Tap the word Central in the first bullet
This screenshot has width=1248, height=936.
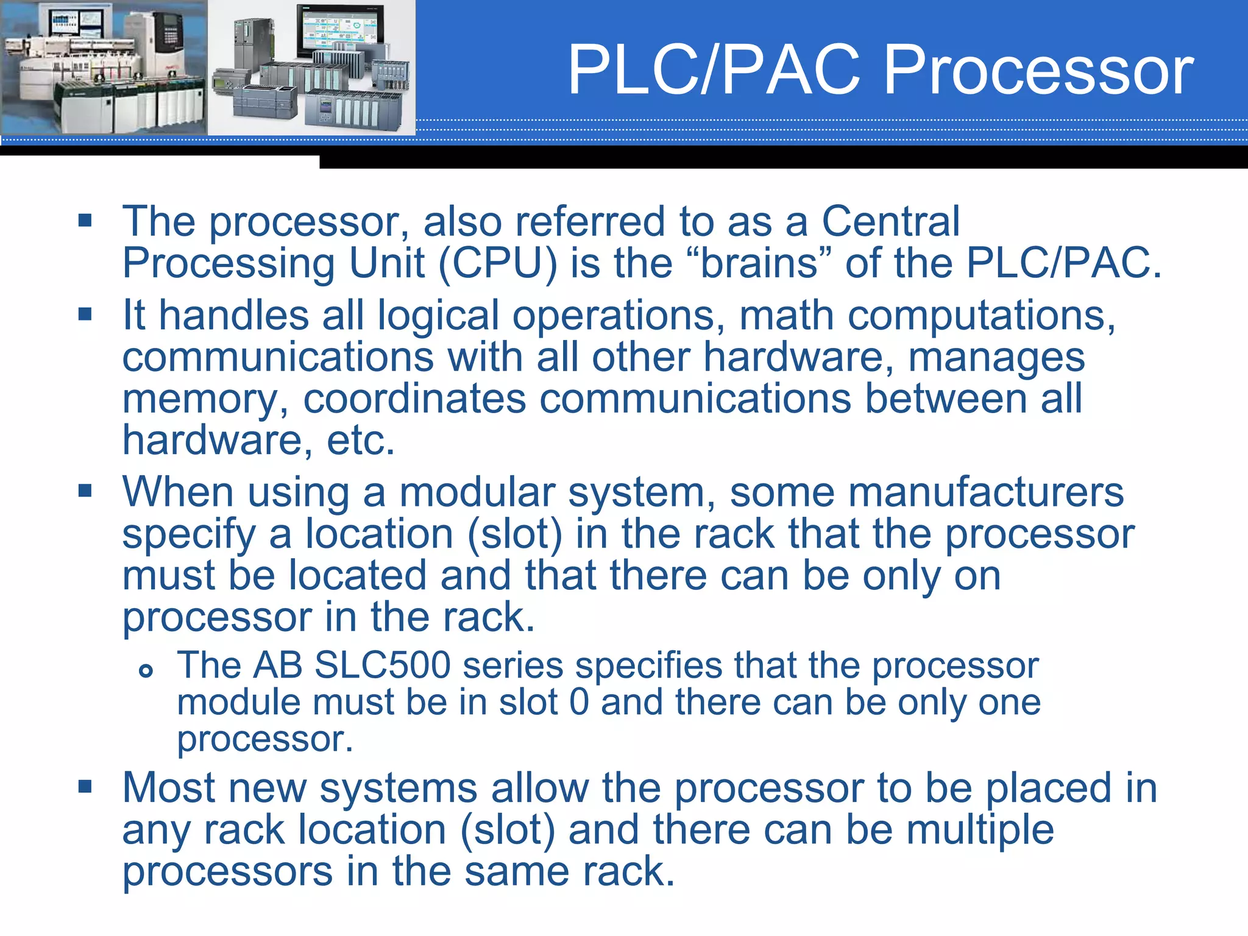(890, 221)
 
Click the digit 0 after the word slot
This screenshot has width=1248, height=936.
(579, 702)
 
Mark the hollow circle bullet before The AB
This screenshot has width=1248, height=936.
(146, 672)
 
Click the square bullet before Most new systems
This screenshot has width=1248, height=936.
(85, 786)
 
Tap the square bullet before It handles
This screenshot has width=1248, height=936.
(85, 314)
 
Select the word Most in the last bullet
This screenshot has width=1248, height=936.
(168, 788)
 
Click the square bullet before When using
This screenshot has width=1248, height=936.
(85, 491)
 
